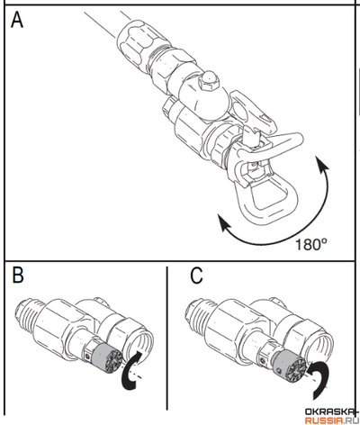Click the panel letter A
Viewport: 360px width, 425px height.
(17, 20)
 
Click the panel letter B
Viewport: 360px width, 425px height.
(18, 276)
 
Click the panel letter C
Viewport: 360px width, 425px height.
(196, 276)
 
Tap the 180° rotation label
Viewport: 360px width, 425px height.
(311, 244)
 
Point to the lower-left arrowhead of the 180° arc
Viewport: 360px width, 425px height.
(224, 223)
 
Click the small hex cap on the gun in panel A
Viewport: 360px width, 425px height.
(210, 81)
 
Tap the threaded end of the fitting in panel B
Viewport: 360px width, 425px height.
(26, 313)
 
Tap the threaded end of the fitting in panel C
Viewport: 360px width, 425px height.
(196, 313)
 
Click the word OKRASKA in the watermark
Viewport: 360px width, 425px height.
(331, 411)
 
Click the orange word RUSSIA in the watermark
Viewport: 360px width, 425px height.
(323, 420)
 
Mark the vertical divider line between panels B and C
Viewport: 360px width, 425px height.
(167, 339)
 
